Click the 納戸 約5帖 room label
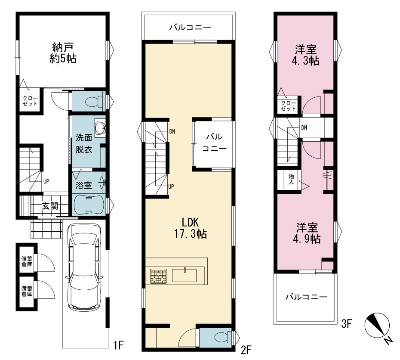tap(63, 53)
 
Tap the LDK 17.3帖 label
tap(190, 228)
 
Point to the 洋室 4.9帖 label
tap(307, 233)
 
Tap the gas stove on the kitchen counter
tap(158, 276)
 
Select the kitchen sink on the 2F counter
tap(184, 275)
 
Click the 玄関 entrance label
tap(50, 206)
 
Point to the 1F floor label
tap(118, 345)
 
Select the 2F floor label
tap(246, 350)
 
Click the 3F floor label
tap(347, 324)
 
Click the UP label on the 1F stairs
tap(46, 182)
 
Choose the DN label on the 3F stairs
tap(304, 127)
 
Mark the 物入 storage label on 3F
tap(291, 179)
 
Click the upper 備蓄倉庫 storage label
tap(27, 262)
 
